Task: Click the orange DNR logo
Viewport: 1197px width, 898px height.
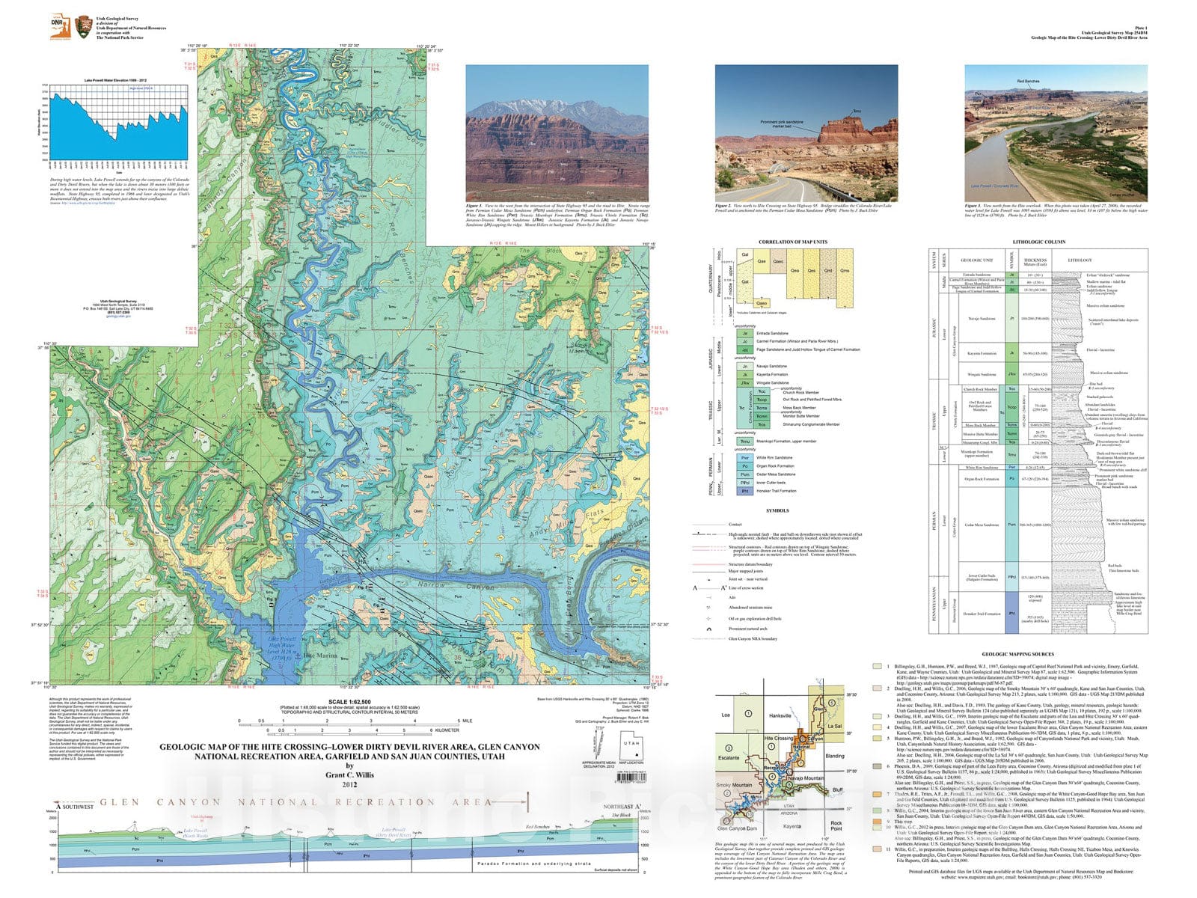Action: click(x=58, y=27)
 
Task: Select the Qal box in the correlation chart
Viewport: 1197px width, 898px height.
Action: click(x=745, y=255)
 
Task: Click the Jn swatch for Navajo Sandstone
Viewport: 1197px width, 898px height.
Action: click(x=744, y=367)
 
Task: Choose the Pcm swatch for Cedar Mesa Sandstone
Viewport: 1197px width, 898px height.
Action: click(x=744, y=474)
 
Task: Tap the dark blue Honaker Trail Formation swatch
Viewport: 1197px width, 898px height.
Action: click(x=744, y=491)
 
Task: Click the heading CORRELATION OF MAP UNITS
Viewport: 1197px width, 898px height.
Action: click(x=787, y=242)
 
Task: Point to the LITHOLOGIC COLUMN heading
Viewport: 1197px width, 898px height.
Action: click(x=1038, y=242)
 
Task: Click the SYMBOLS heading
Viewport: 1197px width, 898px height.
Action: click(x=777, y=510)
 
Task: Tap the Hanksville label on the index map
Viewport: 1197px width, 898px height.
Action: click(x=780, y=715)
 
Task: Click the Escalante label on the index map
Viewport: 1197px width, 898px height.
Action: click(x=729, y=757)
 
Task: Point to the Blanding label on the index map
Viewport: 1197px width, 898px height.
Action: click(x=834, y=756)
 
